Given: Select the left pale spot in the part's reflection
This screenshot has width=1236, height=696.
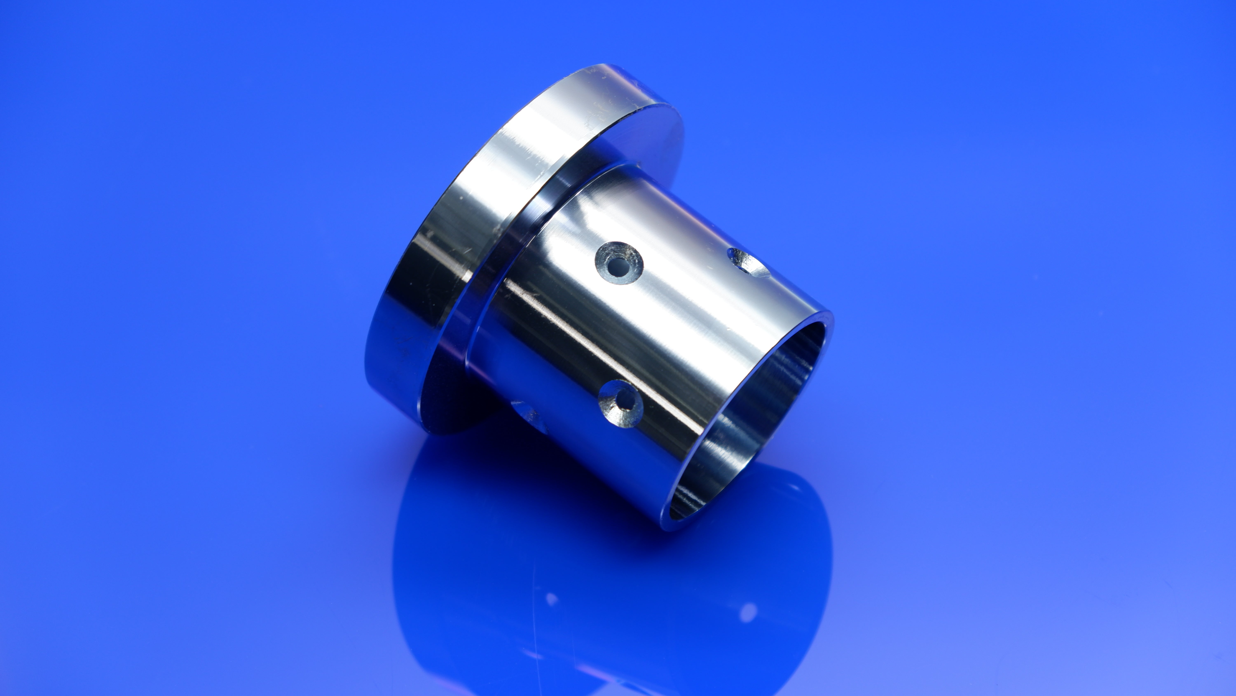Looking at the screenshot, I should (552, 600).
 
